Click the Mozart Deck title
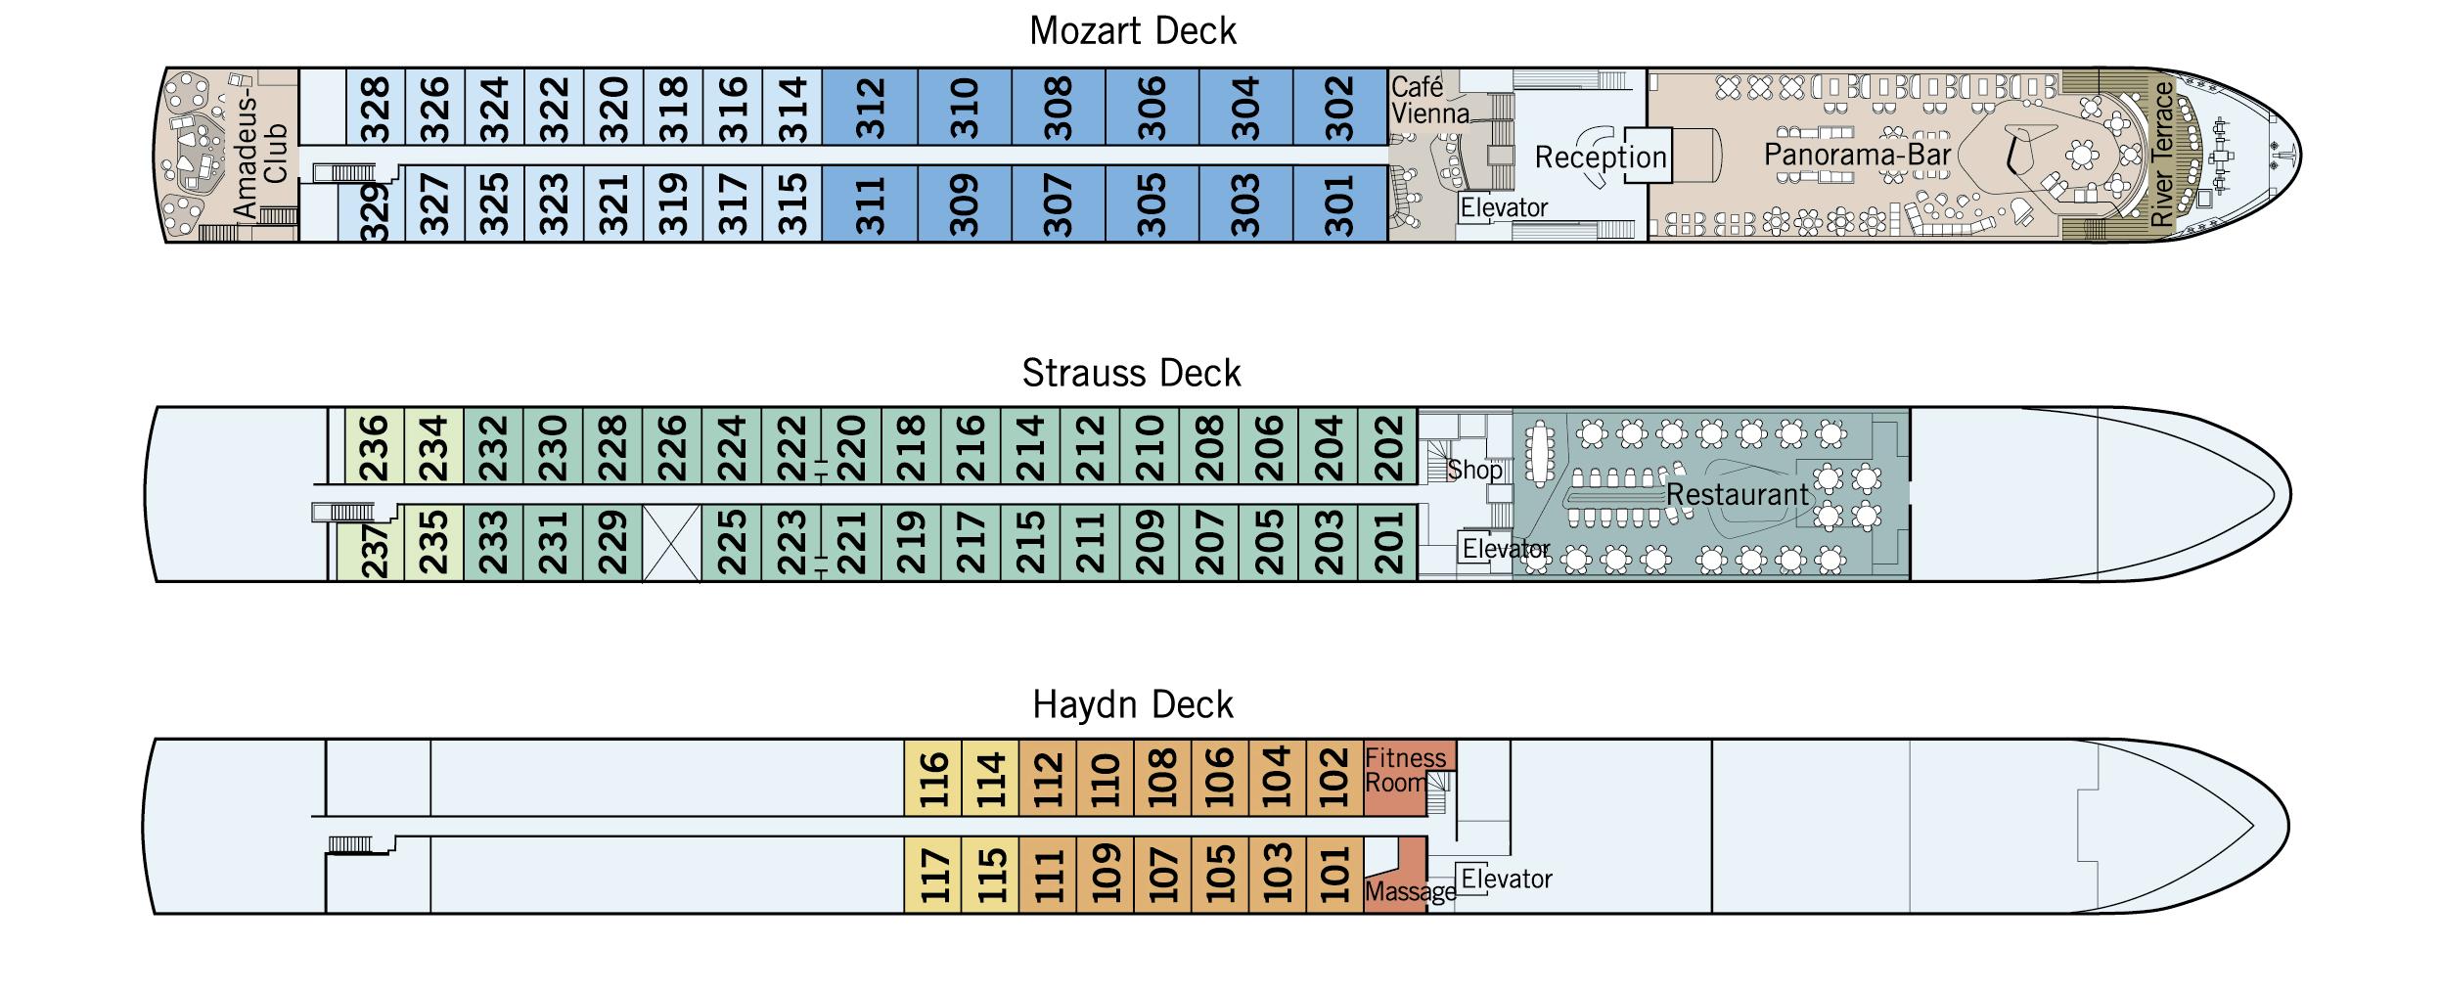click(1133, 31)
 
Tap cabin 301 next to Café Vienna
click(1340, 203)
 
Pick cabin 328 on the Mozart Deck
click(376, 107)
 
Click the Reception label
click(1601, 157)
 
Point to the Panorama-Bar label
click(1857, 154)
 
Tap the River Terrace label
click(2163, 155)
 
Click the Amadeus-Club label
click(261, 154)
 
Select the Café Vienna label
click(1429, 101)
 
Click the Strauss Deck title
click(1132, 373)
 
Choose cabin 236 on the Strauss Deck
click(375, 446)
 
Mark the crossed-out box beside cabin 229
click(672, 543)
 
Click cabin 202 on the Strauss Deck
click(1388, 446)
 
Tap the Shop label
click(1474, 470)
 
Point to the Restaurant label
click(1738, 495)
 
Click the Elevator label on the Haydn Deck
click(1507, 879)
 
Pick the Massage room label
click(1410, 891)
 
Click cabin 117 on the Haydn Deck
click(933, 875)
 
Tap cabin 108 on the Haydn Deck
click(1162, 778)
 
